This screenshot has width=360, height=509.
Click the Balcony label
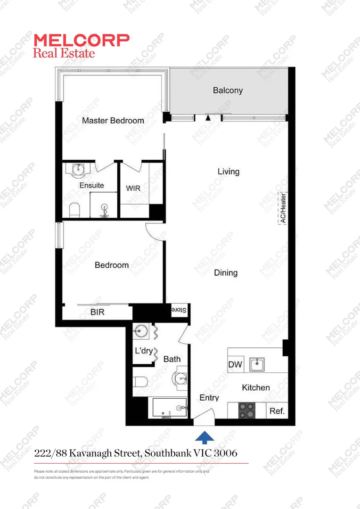point(228,90)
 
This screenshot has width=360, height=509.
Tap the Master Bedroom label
point(113,121)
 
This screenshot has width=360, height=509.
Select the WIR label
point(133,188)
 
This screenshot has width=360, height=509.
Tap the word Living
point(229,172)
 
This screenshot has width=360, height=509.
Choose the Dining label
point(226,273)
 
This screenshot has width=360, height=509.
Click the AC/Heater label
point(283,207)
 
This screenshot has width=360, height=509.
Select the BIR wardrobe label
point(98,312)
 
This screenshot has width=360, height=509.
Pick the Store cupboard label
point(179,310)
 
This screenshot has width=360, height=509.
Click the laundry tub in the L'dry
point(140,331)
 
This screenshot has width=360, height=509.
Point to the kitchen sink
point(257,364)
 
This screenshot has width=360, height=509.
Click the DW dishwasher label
point(235,364)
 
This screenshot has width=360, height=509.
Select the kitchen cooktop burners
point(246,410)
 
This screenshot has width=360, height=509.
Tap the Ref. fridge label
point(277,411)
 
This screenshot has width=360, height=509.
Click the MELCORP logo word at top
point(82,40)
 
